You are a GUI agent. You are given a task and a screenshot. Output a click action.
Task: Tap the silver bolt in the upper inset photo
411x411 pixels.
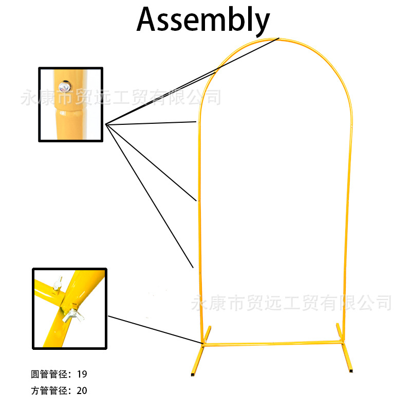[x=65, y=87]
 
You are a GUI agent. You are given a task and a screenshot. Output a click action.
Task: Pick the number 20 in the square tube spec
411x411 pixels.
[x=82, y=390]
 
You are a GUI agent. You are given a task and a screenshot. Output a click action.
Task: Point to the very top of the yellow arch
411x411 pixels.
[x=277, y=39]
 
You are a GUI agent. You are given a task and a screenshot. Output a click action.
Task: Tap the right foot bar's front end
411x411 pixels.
[x=351, y=369]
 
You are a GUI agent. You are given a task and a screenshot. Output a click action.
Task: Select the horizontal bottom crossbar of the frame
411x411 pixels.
[x=272, y=343]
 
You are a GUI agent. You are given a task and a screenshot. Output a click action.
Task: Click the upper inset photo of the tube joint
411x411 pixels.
[x=71, y=104]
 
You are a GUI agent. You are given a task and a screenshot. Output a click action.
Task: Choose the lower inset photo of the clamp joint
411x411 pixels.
[x=69, y=308]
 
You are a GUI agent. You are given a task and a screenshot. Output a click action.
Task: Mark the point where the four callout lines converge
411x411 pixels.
[x=106, y=124]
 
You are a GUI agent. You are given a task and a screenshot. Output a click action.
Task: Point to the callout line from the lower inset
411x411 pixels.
[x=154, y=330]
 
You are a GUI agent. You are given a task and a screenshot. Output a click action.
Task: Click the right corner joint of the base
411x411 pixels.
[x=340, y=340]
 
